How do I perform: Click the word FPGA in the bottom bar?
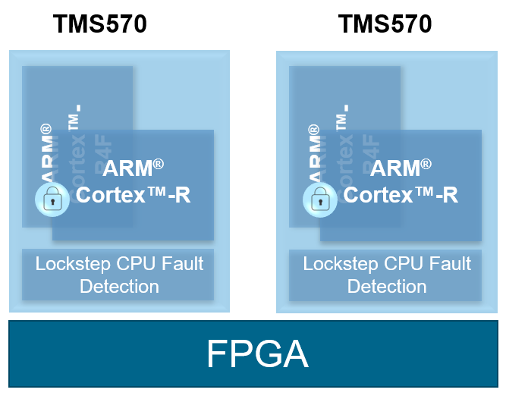(x=257, y=355)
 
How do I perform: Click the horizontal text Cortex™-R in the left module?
(x=133, y=195)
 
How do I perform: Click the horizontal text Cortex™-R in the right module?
(x=401, y=195)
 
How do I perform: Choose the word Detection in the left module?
(x=119, y=287)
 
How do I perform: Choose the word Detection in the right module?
(x=387, y=287)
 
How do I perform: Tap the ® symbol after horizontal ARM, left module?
(x=159, y=163)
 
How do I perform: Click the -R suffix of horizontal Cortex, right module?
(x=446, y=195)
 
